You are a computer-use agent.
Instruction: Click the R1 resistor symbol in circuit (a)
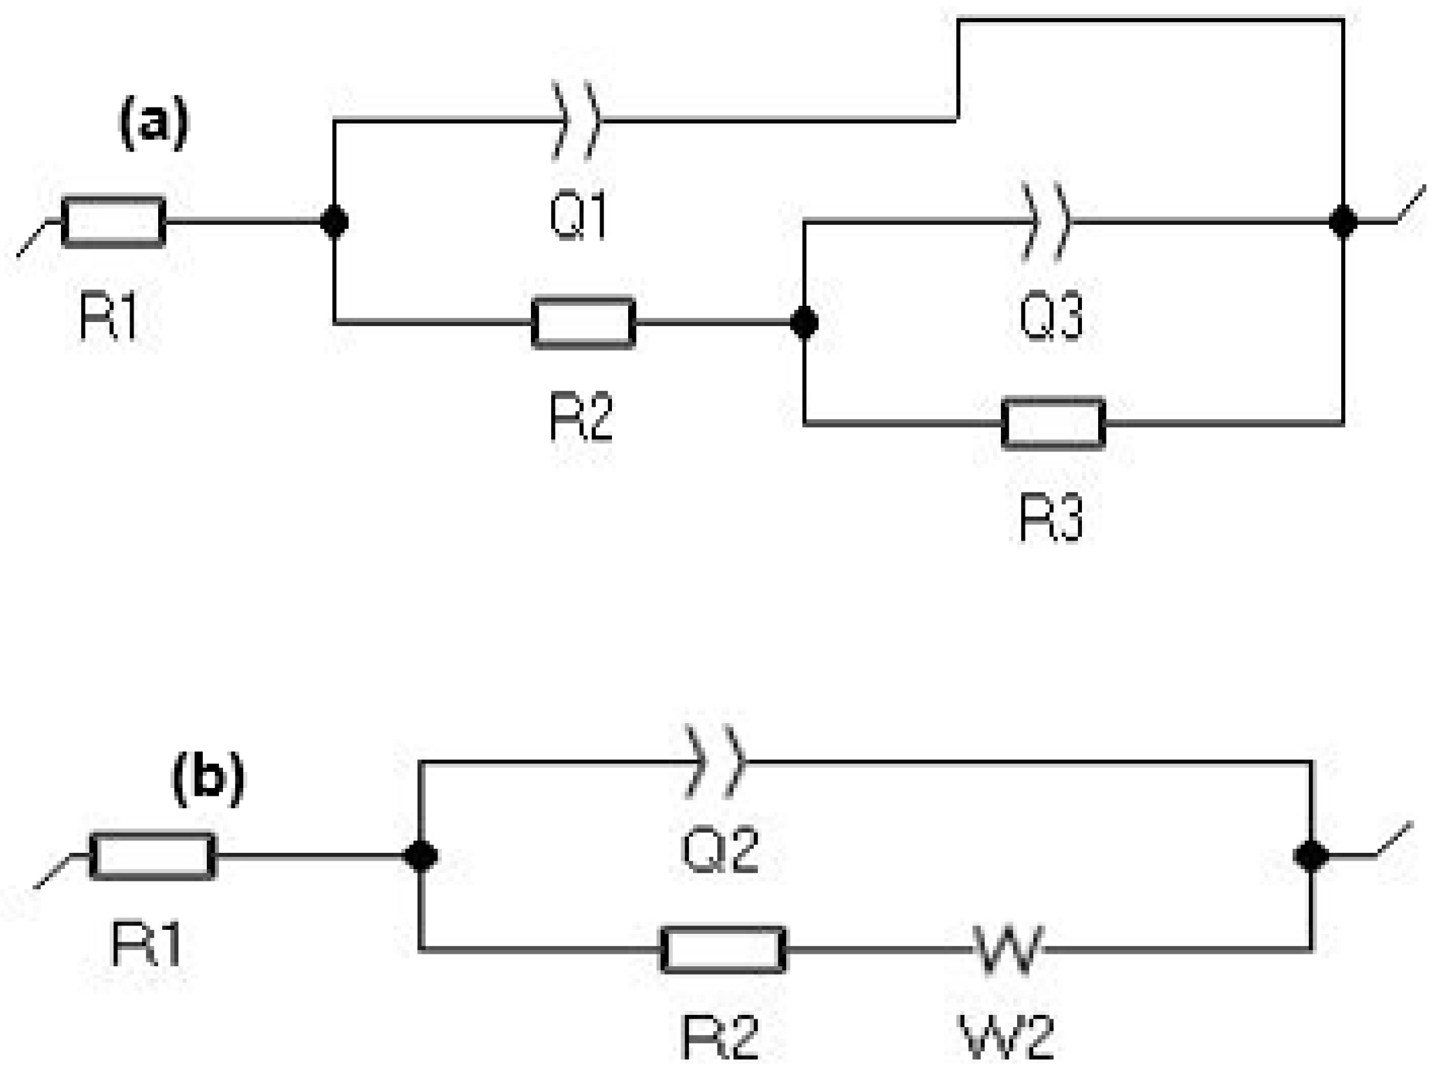coord(113,222)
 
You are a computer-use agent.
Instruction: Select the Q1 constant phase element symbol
coord(576,121)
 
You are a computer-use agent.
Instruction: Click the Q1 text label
coord(578,217)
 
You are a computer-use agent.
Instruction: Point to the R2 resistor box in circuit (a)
coord(583,323)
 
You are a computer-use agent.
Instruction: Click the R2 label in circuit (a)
coord(581,418)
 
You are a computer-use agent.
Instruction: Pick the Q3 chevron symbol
coord(1046,222)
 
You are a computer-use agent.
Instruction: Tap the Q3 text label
coord(1051,316)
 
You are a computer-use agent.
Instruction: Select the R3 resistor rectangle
coord(1053,424)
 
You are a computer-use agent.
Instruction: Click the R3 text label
coord(1051,518)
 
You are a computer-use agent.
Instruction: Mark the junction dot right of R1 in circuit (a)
coord(334,222)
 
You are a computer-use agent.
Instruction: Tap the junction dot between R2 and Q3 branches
coord(804,322)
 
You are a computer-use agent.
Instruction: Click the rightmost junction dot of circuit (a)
coord(1343,222)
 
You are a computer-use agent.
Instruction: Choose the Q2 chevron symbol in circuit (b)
coord(715,761)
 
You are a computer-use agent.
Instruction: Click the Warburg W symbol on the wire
coord(1009,949)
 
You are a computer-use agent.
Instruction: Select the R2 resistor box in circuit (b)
coord(723,950)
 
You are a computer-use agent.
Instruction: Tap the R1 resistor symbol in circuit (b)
coord(153,856)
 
